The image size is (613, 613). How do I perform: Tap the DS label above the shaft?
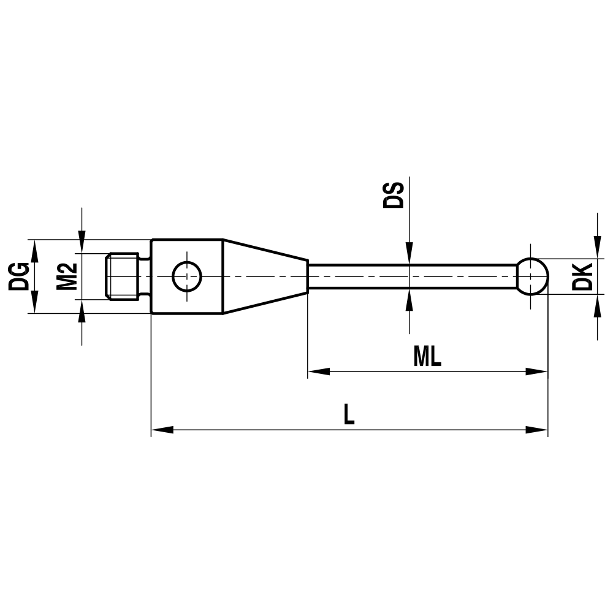(394, 194)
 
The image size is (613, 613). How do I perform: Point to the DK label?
(582, 276)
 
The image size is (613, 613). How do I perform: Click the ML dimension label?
(427, 357)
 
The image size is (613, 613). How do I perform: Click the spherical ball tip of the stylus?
(531, 276)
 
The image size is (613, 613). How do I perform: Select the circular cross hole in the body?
(187, 276)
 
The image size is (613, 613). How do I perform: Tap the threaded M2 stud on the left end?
(126, 276)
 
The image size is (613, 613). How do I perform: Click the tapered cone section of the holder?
(264, 276)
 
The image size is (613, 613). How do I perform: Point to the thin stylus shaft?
(411, 276)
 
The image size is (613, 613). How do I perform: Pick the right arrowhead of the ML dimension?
(538, 371)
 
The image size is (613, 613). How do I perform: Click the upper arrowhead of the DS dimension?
(409, 254)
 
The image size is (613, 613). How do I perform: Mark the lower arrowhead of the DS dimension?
(409, 298)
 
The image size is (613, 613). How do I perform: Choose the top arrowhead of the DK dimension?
(597, 249)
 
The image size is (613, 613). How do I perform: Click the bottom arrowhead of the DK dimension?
(597, 304)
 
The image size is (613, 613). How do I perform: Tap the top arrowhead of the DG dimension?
(34, 248)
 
